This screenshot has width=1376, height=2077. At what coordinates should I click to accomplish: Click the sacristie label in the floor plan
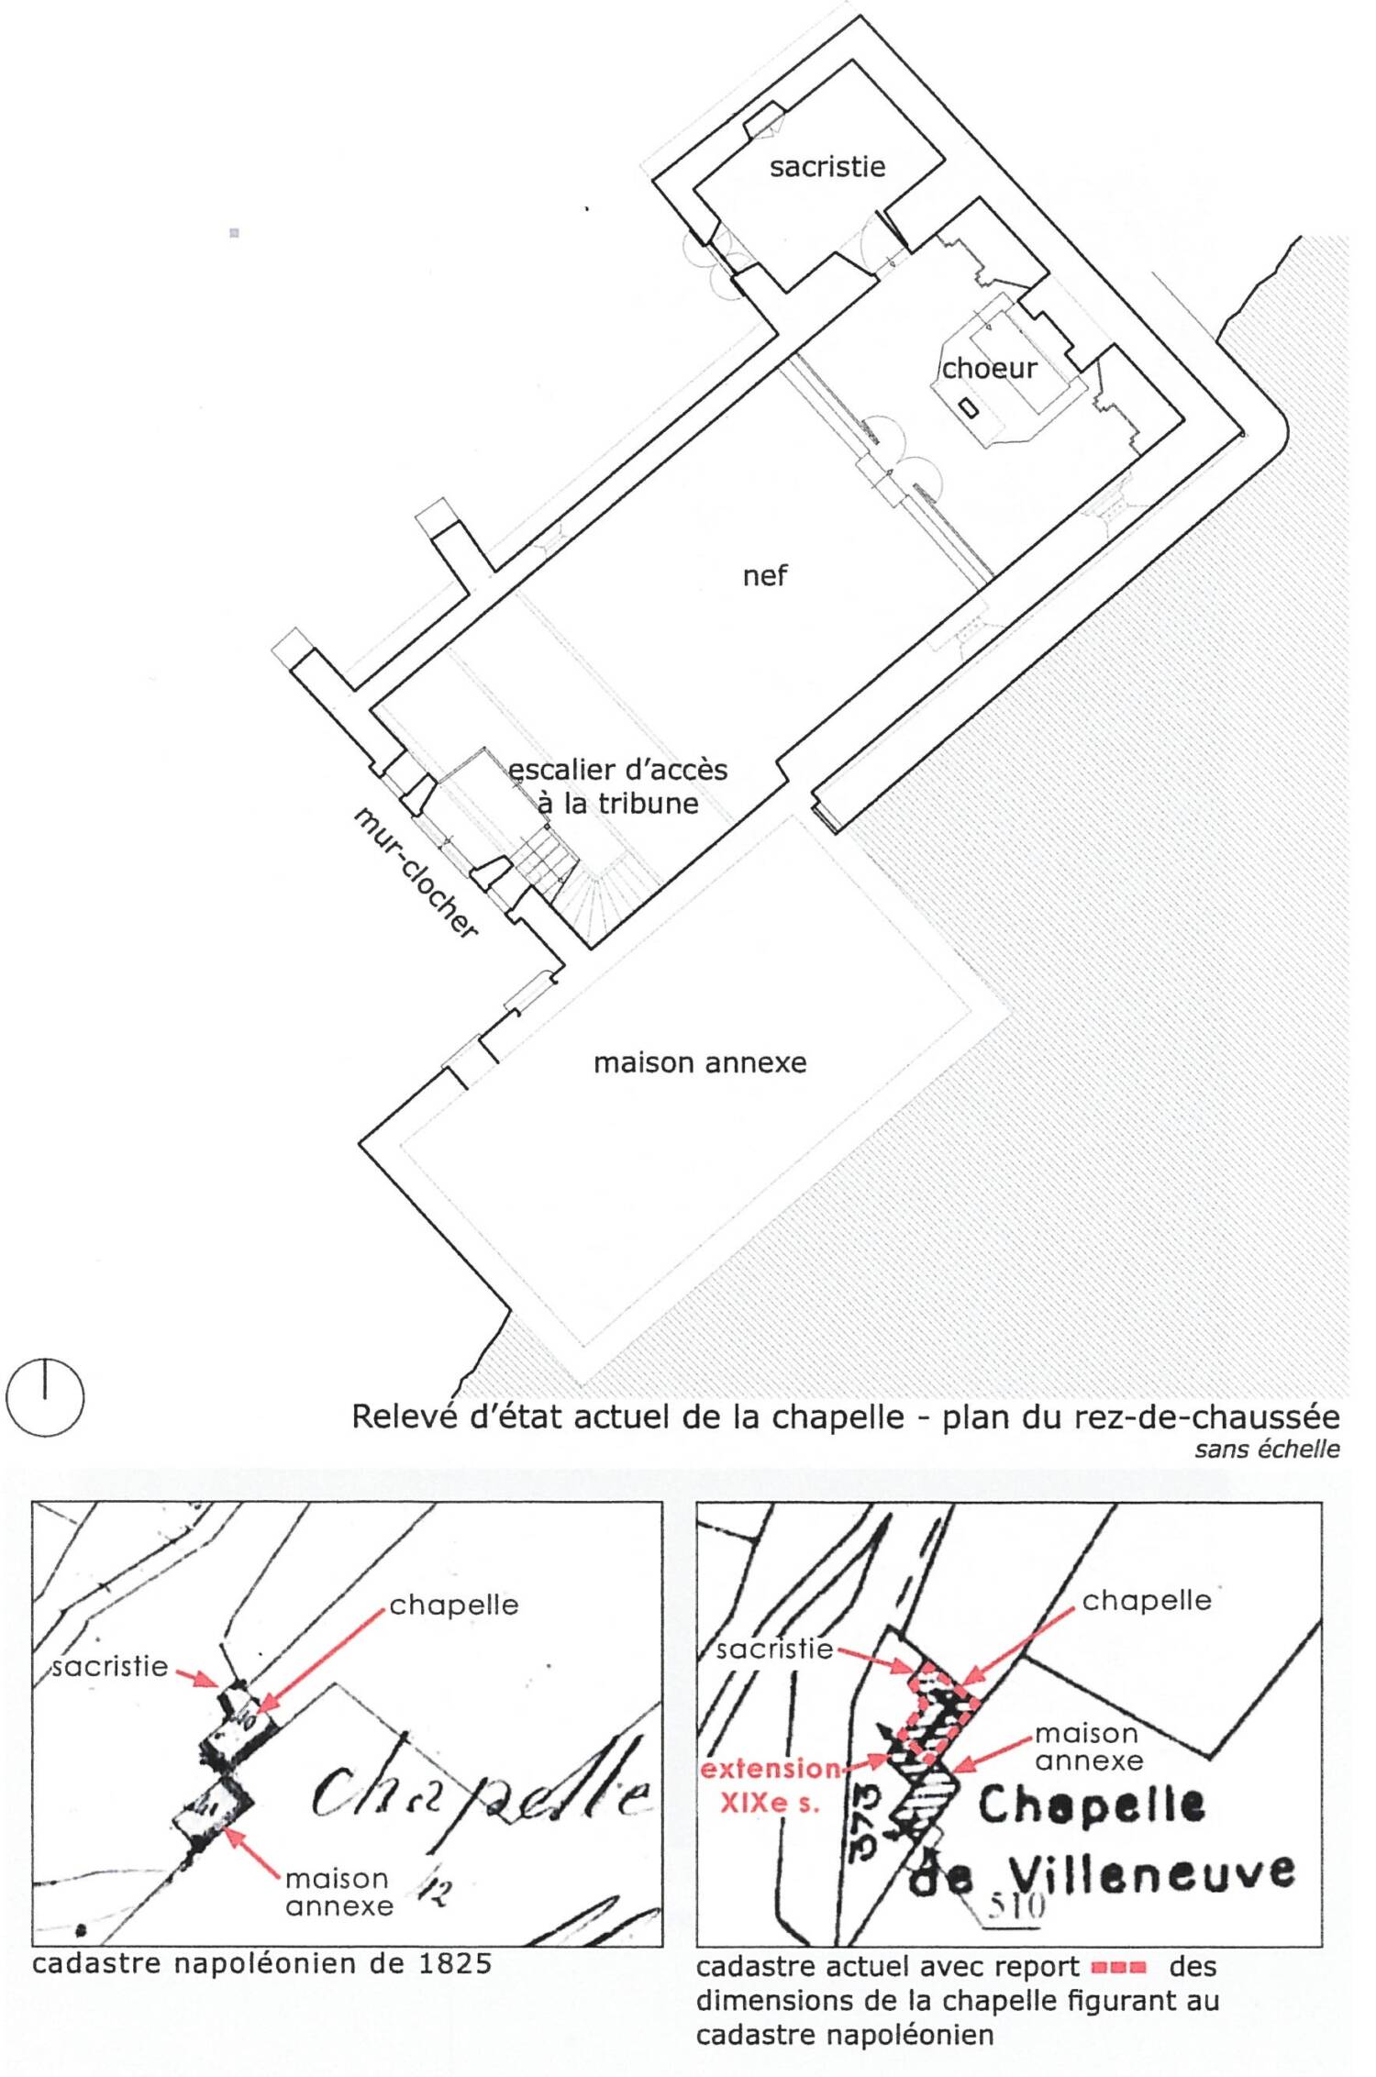coord(827,167)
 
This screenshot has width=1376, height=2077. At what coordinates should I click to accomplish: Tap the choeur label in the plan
coord(989,369)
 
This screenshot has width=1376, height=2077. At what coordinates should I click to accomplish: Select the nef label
coord(765,575)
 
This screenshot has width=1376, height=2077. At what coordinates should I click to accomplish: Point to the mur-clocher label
coord(416,872)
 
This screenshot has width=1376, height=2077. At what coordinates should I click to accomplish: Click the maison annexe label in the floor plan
coord(700,1062)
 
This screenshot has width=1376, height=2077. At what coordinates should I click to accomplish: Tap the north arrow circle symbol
coord(45,1397)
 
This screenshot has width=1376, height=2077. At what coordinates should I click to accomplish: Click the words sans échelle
coord(1267,1449)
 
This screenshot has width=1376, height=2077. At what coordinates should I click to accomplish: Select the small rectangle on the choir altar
coord(969,407)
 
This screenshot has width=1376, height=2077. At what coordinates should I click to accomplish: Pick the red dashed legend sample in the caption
coord(1118,1967)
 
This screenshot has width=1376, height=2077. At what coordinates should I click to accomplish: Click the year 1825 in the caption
coord(455,1963)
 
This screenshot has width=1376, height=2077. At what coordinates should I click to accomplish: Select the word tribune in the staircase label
coord(649,804)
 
